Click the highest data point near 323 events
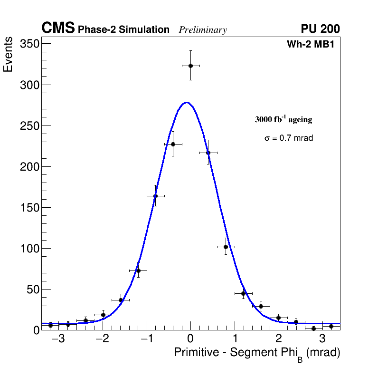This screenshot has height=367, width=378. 190,66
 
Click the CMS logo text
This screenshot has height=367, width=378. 58,29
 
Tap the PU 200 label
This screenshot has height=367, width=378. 321,29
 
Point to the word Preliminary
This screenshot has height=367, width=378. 203,30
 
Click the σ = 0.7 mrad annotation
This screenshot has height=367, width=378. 289,138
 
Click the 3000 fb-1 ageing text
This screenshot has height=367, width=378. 283,119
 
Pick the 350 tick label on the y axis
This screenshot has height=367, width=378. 29,44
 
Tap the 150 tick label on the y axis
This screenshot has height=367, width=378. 29,208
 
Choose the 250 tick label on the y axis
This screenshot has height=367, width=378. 29,126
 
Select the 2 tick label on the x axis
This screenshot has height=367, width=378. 278,339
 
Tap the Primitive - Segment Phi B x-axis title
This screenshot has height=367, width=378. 257,353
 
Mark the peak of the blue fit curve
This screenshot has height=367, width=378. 187,102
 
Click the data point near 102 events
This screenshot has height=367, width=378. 226,247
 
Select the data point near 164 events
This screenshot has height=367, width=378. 155,196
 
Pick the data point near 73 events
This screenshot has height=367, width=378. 138,270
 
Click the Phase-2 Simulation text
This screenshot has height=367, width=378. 123,30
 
